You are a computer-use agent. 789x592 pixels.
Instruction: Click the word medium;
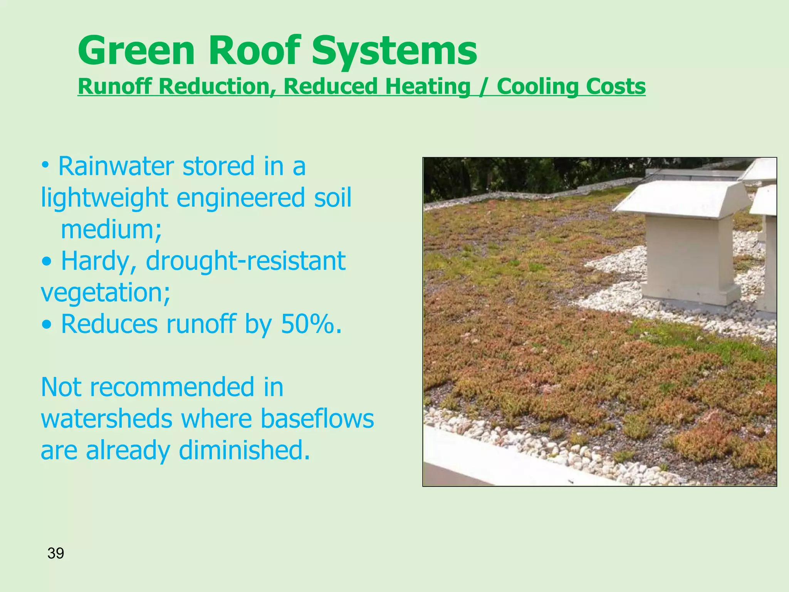(x=111, y=230)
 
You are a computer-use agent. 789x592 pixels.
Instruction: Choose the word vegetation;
(x=105, y=293)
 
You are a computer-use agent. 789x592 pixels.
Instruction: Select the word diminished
(x=244, y=451)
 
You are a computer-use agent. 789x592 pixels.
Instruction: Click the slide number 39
(x=55, y=553)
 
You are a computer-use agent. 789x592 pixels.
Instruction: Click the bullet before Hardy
(x=47, y=262)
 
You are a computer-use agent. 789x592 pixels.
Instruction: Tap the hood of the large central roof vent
(x=682, y=198)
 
